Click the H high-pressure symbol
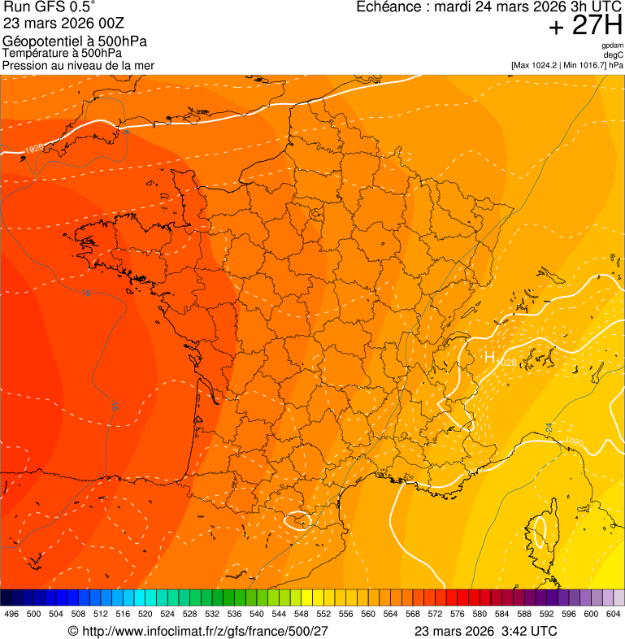click(x=489, y=357)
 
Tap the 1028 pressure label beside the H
click(x=506, y=362)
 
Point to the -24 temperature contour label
click(x=549, y=427)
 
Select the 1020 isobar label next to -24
click(x=574, y=441)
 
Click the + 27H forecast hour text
click(x=585, y=26)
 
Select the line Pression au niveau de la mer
click(x=78, y=65)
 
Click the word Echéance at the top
click(x=387, y=7)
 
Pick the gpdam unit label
click(x=612, y=46)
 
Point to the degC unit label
click(x=614, y=55)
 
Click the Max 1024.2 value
click(x=541, y=65)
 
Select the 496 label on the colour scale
click(x=11, y=614)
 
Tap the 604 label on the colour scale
click(x=614, y=614)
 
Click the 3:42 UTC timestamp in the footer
click(x=532, y=631)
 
